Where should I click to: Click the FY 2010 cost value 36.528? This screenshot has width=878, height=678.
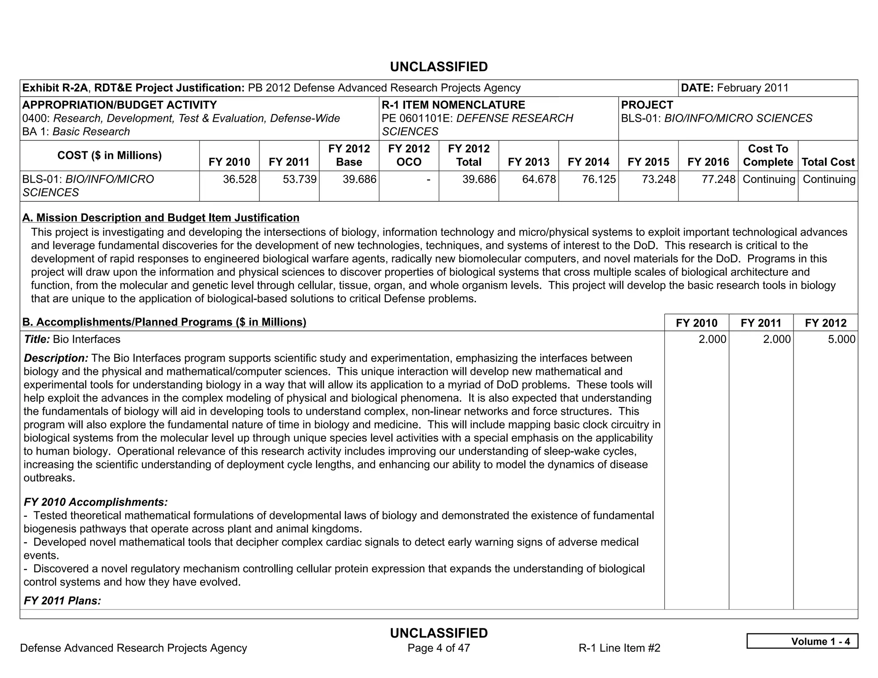(240, 179)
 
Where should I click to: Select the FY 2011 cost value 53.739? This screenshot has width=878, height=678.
(300, 179)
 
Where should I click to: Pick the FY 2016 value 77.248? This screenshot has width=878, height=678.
(719, 179)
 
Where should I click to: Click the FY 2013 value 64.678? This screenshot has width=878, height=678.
(539, 179)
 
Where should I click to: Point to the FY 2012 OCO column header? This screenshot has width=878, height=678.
(409, 155)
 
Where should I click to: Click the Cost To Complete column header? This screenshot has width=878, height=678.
(768, 155)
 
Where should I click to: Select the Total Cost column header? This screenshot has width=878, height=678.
(828, 162)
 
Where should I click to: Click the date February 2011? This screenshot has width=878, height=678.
(752, 88)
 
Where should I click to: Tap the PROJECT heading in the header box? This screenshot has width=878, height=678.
(647, 105)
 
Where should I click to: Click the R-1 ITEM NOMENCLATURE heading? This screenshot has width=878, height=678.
(453, 105)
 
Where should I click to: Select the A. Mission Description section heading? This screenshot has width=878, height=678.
(161, 218)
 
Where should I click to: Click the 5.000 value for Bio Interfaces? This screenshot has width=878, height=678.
(841, 339)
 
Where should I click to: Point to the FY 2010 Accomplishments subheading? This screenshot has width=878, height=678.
(96, 502)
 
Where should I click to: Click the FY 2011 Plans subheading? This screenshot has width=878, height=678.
(62, 600)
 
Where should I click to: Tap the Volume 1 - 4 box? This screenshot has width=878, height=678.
(802, 641)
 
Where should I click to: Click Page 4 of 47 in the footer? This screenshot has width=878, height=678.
(439, 648)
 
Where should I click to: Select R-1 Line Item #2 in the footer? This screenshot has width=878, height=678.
(619, 648)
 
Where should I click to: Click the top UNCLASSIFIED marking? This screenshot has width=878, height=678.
(439, 67)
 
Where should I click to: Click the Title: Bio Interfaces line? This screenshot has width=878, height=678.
(72, 339)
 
